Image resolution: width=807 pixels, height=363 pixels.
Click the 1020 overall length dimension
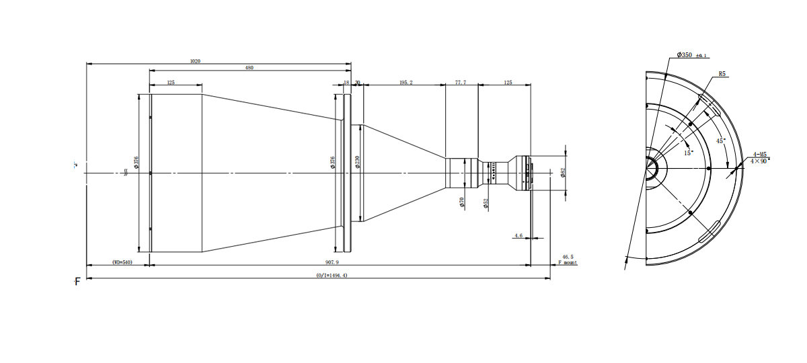tap(195, 61)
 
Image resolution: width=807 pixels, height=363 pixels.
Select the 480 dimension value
tap(249, 67)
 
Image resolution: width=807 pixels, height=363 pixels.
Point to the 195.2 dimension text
tap(406, 82)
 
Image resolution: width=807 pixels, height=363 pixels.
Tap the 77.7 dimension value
tap(461, 82)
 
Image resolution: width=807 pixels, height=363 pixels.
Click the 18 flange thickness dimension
tap(346, 82)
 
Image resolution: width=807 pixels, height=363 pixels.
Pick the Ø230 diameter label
tap(357, 162)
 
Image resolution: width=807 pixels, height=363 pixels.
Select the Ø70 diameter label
tap(463, 202)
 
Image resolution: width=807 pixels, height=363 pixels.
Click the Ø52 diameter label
tap(486, 204)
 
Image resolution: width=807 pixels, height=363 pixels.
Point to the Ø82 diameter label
tap(562, 173)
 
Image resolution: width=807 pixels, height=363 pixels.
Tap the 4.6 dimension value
tap(518, 236)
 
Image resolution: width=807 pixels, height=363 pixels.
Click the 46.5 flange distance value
tap(568, 256)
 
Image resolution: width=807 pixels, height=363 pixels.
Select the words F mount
tap(568, 263)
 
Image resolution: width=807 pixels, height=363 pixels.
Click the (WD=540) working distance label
tap(122, 262)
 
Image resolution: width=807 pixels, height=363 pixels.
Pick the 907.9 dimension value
tap(332, 262)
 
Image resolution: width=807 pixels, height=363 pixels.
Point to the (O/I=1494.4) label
tap(332, 276)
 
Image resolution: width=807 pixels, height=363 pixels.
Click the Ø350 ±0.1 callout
tap(692, 55)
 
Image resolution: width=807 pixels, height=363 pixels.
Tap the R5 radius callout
tap(722, 74)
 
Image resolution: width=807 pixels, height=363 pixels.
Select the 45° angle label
tap(720, 141)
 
